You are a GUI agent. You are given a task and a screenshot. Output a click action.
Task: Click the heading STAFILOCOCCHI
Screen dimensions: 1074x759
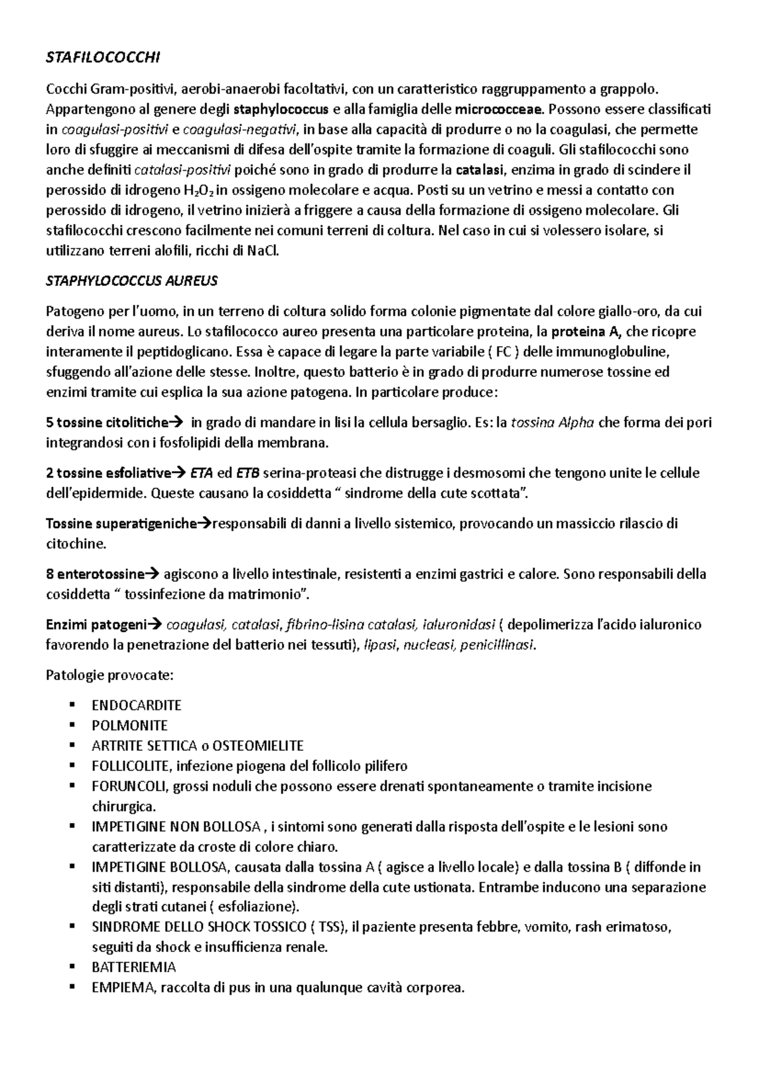coord(104,58)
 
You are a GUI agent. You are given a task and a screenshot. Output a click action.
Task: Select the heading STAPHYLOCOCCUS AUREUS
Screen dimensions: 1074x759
coord(132,281)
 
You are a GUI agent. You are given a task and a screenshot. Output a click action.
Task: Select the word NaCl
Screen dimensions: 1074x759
coord(262,251)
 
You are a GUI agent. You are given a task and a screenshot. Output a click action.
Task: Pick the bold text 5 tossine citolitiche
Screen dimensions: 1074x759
coord(108,423)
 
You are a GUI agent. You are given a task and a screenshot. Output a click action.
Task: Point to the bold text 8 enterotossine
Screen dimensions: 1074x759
coord(95,574)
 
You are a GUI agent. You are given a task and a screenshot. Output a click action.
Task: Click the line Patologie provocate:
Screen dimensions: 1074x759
coord(109,675)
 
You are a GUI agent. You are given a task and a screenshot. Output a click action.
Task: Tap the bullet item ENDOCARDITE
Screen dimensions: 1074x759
coord(137,705)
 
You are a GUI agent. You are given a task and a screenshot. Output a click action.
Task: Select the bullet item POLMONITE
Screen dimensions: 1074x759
coord(130,725)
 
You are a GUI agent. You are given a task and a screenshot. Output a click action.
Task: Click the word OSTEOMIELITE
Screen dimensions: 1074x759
coord(258,746)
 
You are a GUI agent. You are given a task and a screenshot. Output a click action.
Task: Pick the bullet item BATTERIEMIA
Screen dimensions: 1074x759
coord(133,967)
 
